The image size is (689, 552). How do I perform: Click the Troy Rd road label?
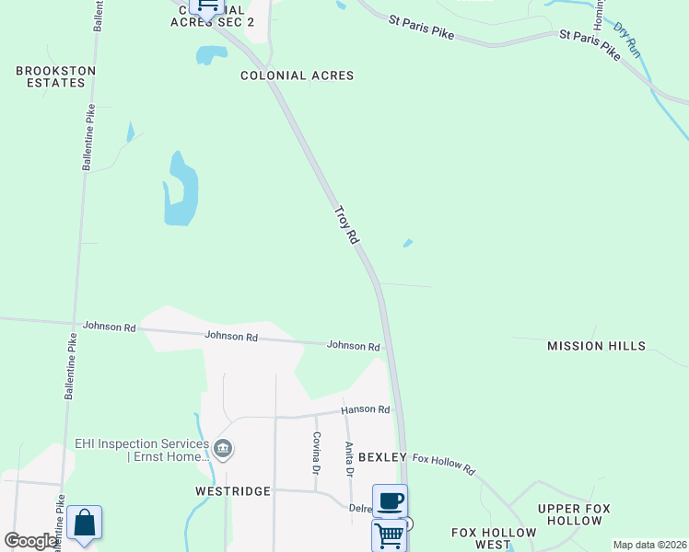345,224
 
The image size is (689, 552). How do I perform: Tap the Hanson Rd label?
366,409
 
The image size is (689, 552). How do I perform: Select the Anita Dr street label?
349,459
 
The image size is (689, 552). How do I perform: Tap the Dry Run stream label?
626,40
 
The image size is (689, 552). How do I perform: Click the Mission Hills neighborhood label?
596,346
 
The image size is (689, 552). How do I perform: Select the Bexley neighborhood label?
382,457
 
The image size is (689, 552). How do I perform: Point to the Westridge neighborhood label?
233,491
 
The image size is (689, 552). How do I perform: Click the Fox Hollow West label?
494,539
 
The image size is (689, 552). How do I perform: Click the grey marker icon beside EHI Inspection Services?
223,449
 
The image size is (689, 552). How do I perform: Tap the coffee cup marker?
390,500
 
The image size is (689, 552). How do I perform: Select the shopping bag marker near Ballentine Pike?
84,523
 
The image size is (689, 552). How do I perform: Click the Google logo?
30,541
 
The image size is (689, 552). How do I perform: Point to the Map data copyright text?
649,545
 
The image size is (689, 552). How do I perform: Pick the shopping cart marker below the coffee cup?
390,535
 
